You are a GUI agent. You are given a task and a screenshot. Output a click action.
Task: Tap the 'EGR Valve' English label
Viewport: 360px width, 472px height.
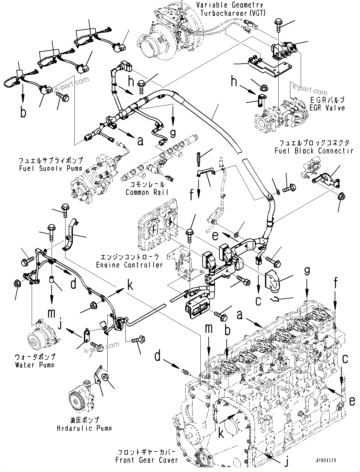(327, 108)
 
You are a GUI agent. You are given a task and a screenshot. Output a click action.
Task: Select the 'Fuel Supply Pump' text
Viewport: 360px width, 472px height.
(51, 168)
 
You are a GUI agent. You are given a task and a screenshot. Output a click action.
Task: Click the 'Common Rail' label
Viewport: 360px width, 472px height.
(147, 192)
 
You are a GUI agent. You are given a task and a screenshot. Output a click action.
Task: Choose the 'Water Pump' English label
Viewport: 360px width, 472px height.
(35, 365)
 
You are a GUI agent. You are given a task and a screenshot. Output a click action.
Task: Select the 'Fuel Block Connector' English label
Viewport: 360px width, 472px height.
(313, 151)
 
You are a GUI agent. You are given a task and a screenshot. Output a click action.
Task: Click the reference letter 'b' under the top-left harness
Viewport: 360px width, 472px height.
(23, 113)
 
